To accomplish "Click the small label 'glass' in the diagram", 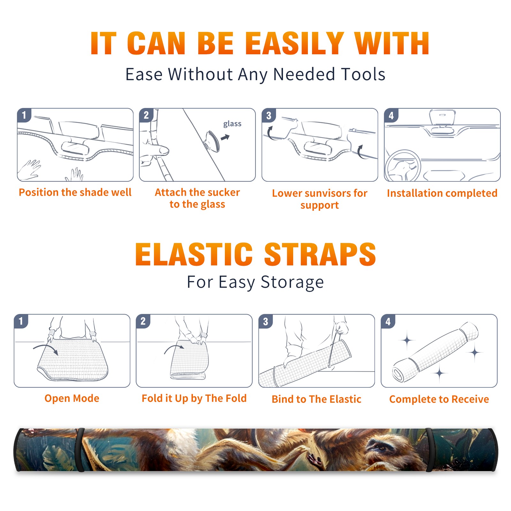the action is (232, 124).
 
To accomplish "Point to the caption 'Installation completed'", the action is (442, 193).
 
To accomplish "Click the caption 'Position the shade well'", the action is (75, 192).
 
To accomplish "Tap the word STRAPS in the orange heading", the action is (320, 254).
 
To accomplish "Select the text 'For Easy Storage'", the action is (255, 282).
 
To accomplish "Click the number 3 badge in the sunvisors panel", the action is (269, 116).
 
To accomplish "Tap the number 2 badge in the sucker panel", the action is (146, 115).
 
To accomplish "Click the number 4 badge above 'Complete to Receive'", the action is (388, 321).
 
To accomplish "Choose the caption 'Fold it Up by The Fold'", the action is (194, 398).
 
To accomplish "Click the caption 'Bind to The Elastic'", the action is (317, 399).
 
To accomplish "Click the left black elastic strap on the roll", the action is (80, 450).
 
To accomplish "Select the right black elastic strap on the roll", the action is (430, 450).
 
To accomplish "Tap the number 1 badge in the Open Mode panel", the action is (21, 321).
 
